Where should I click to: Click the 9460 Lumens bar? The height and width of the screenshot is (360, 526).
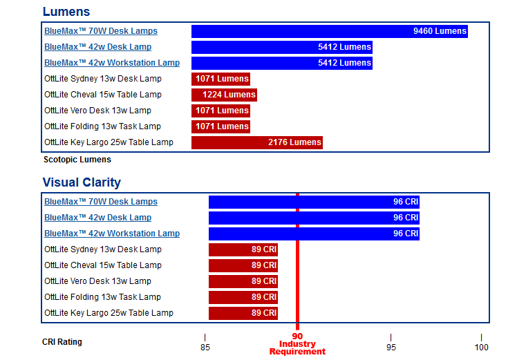tap(329, 31)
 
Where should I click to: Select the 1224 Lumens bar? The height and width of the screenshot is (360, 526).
tap(224, 95)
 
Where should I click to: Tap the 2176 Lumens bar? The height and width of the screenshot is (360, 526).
tap(256, 142)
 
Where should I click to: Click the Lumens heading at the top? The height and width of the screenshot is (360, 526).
tap(66, 12)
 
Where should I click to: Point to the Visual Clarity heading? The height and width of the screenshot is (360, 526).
tap(82, 182)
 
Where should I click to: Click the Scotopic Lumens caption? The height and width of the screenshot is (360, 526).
tap(77, 160)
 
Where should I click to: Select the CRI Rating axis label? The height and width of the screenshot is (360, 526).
tap(62, 342)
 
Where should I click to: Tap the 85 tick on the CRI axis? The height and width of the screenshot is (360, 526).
tap(205, 347)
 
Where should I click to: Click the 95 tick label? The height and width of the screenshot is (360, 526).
tap(391, 347)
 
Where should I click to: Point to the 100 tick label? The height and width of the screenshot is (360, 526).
tap(481, 347)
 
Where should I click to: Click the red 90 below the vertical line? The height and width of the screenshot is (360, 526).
tap(297, 337)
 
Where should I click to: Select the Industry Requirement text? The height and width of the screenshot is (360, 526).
tap(297, 348)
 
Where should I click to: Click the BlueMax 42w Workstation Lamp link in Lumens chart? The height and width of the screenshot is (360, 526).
tap(112, 63)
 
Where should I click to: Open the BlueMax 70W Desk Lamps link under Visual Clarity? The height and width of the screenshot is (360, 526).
tap(101, 202)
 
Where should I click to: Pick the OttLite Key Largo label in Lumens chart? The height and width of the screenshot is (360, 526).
tap(109, 142)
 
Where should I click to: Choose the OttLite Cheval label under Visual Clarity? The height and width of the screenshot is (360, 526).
tap(103, 265)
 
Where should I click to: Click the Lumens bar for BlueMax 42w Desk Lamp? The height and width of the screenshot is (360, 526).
tap(281, 47)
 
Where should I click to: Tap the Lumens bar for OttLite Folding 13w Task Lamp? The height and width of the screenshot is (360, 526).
tap(220, 126)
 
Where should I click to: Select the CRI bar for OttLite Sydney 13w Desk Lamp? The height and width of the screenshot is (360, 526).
tap(243, 249)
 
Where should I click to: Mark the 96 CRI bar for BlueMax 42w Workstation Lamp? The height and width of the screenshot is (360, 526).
tap(314, 234)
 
